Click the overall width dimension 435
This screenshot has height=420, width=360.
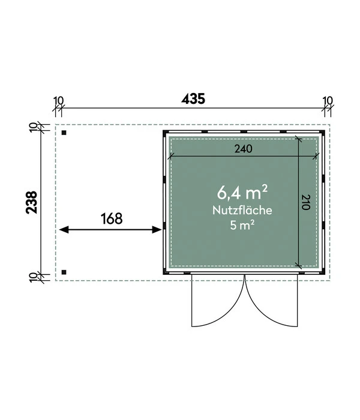193,99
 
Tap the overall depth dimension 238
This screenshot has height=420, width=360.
32,202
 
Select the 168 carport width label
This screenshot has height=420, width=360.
112,218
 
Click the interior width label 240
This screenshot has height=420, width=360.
244,148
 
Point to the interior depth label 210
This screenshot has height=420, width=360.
306,202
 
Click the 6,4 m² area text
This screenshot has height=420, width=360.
242,193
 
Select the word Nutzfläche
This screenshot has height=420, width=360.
242,210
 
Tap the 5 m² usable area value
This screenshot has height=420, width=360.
242,225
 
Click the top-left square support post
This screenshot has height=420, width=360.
64,133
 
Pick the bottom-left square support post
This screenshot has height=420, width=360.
64,272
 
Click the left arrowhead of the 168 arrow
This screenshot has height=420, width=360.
64,230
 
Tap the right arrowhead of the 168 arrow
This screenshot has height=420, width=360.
157,230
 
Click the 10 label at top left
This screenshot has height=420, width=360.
59,101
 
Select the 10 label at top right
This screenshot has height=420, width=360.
328,101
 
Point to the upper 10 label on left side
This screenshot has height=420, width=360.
32,127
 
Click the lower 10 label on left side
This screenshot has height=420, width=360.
32,277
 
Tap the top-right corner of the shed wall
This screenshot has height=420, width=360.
325,130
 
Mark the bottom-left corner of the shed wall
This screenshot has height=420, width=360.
163,274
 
